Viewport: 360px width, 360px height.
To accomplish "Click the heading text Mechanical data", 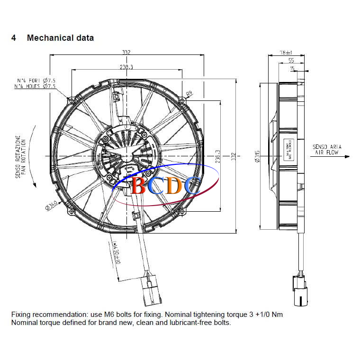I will tap(60, 38).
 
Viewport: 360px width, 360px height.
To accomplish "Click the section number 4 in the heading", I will tap(14, 38).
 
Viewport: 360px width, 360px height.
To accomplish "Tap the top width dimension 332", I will tap(126, 53).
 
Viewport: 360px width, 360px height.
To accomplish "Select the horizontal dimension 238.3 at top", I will tap(126, 68).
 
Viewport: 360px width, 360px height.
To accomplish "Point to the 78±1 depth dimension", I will tap(286, 53).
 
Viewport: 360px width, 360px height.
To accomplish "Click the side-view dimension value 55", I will tap(291, 61).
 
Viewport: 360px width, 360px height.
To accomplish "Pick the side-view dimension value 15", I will tap(292, 69).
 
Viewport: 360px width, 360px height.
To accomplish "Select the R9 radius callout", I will tap(189, 93).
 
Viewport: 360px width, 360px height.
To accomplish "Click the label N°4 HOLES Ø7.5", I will tap(35, 87).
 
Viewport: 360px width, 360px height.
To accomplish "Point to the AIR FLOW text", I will tap(327, 153).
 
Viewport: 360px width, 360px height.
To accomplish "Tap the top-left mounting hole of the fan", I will tap(71, 100).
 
